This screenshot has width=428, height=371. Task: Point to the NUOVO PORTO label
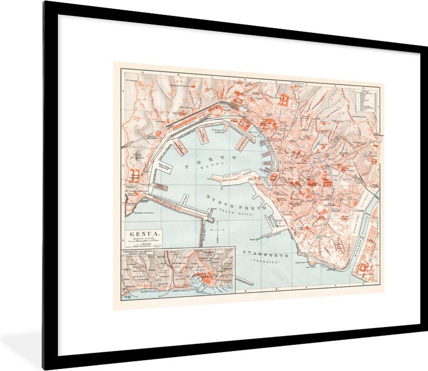coord(236,204)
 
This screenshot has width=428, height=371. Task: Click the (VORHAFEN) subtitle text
coord(265,261)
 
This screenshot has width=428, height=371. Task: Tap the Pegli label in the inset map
coord(125,296)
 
